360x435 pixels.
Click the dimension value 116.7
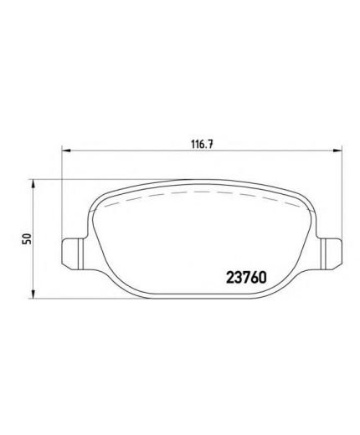click(x=202, y=144)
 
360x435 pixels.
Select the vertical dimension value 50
click(x=27, y=239)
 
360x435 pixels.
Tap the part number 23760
click(x=246, y=278)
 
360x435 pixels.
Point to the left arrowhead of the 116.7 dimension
click(x=66, y=151)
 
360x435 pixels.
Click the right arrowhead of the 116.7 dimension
click(x=337, y=151)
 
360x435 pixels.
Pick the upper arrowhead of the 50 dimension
click(x=33, y=185)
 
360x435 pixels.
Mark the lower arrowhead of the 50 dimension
click(x=33, y=294)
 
